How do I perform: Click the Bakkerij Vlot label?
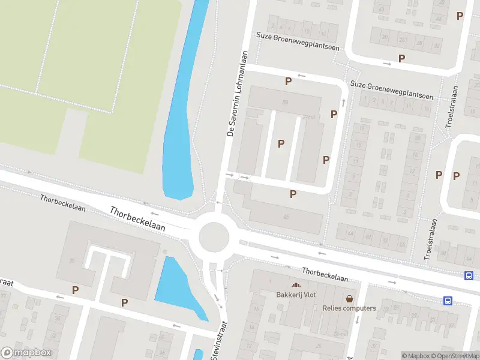tap(295, 295)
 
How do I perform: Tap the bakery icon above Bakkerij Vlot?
tap(295, 285)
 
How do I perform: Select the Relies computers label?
tap(349, 308)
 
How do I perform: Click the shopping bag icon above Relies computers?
tap(349, 298)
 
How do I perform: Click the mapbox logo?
tap(26, 353)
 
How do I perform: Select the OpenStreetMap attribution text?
tap(457, 356)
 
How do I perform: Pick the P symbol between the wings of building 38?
tap(280, 144)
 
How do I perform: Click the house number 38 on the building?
tap(286, 103)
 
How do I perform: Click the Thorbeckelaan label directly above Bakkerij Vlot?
tap(325, 275)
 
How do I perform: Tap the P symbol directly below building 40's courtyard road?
tap(293, 194)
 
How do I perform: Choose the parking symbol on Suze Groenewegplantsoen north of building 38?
tap(289, 81)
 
